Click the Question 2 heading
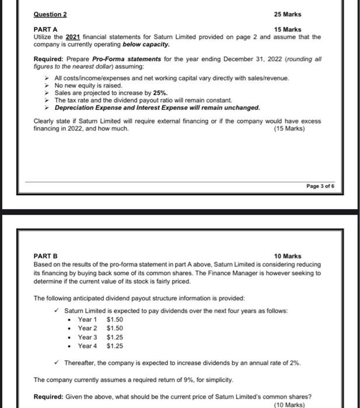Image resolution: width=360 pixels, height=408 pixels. pyautogui.click(x=50, y=14)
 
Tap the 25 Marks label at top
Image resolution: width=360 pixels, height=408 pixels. pyautogui.click(x=288, y=14)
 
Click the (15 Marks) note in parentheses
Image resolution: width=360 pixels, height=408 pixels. pyautogui.click(x=289, y=128)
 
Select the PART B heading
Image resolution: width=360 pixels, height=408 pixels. pyautogui.click(x=46, y=256)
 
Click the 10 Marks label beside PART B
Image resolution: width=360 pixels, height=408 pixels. pyautogui.click(x=288, y=256)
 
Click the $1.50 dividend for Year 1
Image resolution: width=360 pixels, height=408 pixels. pyautogui.click(x=115, y=319)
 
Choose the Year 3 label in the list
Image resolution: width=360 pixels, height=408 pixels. pyautogui.click(x=88, y=337)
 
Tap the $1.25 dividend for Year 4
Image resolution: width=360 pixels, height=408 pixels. pyautogui.click(x=115, y=346)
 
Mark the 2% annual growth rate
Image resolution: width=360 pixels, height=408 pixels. pyautogui.click(x=295, y=363)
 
